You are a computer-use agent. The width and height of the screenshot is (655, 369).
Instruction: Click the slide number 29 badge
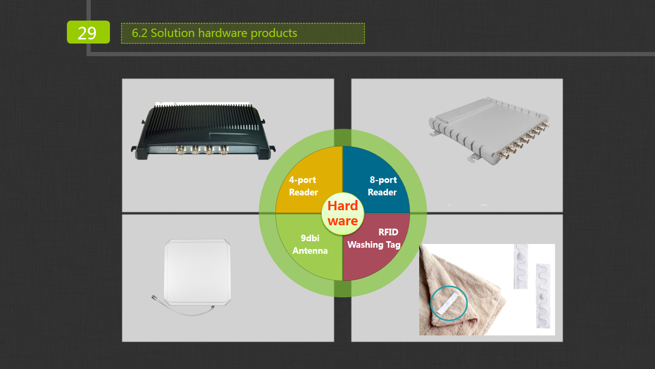(88, 32)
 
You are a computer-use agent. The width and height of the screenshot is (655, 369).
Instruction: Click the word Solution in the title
(173, 33)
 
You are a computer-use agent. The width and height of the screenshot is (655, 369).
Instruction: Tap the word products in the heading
(274, 34)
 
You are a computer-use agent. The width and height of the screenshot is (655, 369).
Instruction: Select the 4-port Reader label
(303, 186)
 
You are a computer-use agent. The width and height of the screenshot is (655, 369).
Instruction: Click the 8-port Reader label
(382, 186)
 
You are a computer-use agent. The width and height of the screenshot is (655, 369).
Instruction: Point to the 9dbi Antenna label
(310, 244)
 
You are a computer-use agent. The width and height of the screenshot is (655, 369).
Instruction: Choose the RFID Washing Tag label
(374, 238)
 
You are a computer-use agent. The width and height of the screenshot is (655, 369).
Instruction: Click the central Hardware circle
(342, 214)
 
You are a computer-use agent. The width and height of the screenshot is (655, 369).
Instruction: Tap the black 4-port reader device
(203, 131)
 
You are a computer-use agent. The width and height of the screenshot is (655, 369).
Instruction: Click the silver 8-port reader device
(489, 131)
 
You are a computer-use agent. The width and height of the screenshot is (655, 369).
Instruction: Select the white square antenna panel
(197, 273)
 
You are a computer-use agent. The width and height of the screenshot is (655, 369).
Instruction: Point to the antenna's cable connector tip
(153, 297)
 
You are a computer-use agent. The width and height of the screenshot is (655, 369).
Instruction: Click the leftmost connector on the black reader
(181, 150)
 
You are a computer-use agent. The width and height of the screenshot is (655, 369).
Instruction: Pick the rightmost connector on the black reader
(224, 150)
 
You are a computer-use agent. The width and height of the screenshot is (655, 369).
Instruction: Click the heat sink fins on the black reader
(205, 117)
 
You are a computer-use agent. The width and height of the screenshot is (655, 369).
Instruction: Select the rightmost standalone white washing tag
(543, 295)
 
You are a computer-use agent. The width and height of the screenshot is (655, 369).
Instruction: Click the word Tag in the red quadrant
(393, 244)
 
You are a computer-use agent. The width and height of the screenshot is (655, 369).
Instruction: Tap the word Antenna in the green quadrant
(310, 251)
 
